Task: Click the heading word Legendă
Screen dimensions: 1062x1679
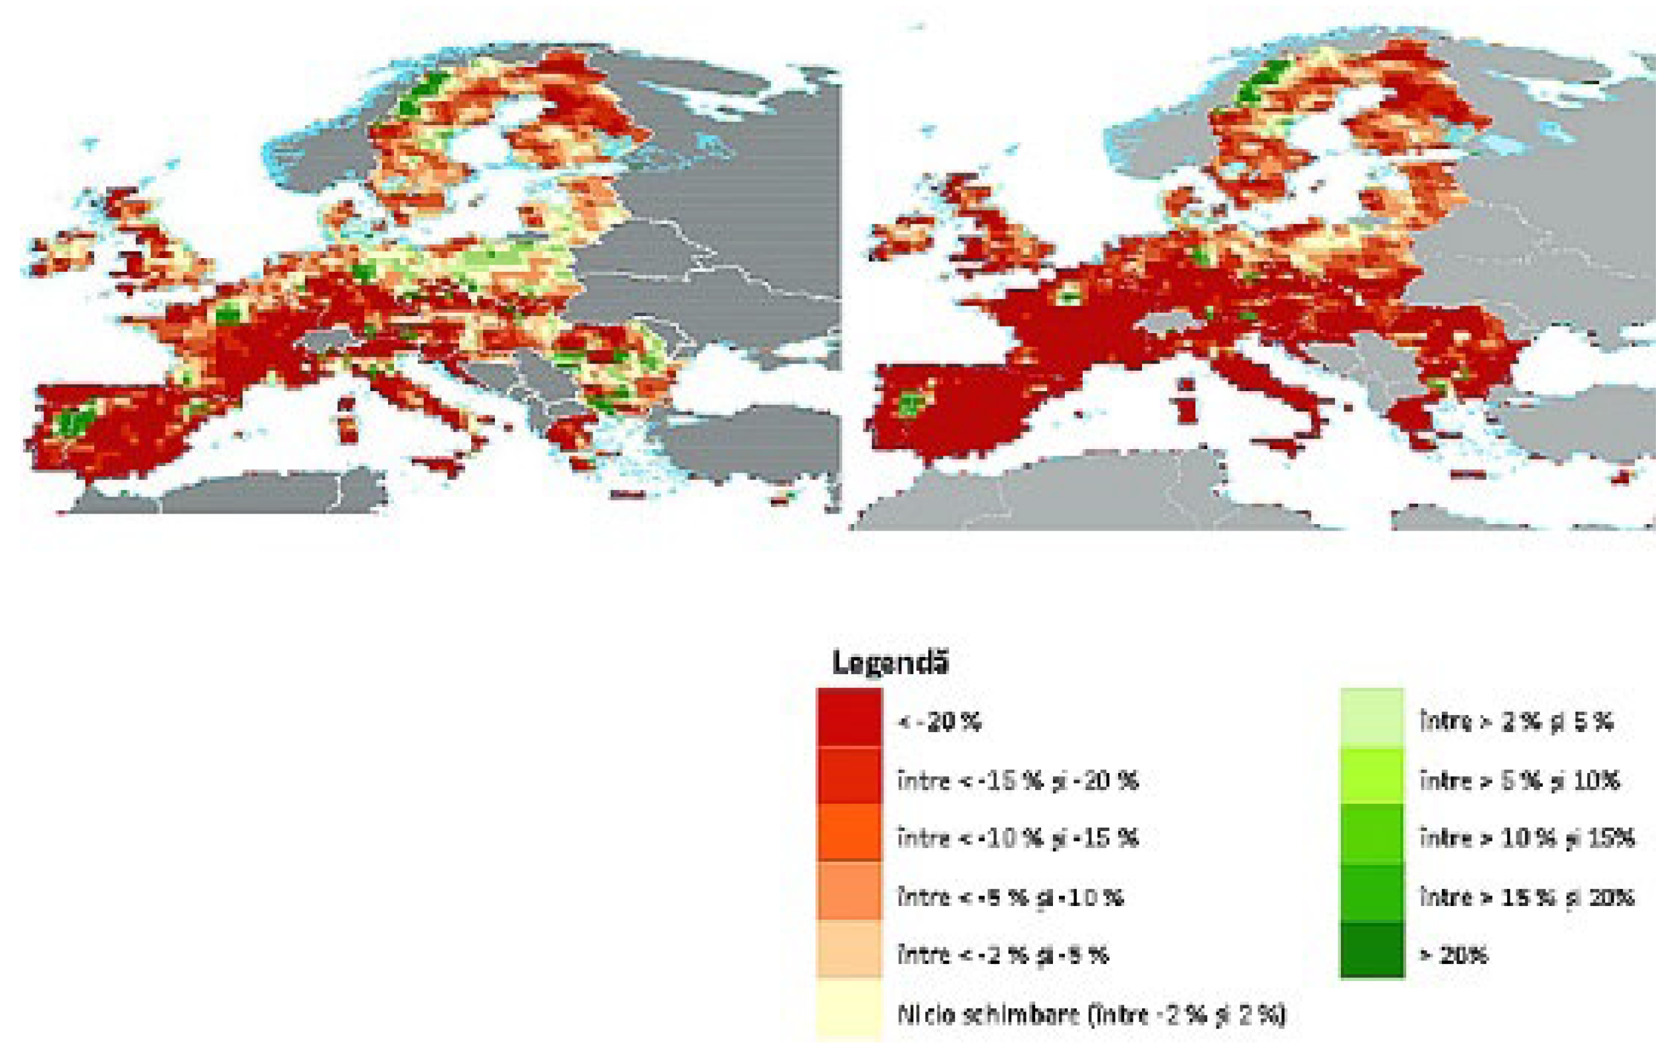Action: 890,663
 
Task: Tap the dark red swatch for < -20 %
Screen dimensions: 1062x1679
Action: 849,718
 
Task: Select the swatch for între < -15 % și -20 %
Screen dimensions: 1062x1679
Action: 849,776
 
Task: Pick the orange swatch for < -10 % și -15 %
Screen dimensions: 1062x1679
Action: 849,834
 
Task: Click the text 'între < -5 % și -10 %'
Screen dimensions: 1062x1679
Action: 1010,896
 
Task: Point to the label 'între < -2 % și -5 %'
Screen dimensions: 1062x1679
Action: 1003,954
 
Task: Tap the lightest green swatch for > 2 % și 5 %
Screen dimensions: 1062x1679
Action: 1371,718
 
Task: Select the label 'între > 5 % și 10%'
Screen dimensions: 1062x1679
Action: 1520,780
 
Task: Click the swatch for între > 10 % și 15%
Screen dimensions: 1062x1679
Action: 1371,834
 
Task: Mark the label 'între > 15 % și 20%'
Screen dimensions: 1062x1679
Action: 1527,896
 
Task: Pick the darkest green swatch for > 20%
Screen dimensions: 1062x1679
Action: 1371,951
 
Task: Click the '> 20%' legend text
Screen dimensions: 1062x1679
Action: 1454,954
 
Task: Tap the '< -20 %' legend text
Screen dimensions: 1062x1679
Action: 940,722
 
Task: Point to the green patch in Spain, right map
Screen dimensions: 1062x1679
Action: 909,404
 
